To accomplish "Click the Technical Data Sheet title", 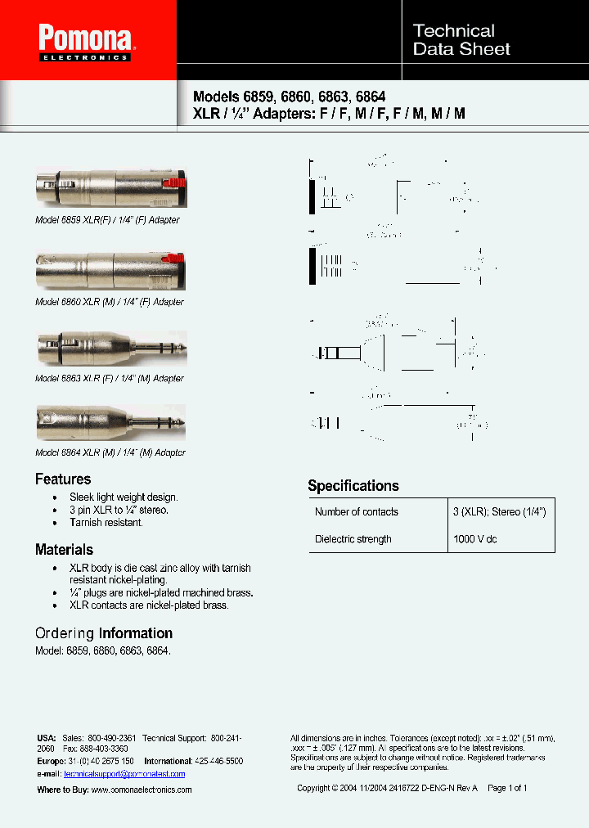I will click(461, 40).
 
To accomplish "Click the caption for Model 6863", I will click(110, 379).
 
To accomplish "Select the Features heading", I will click(63, 479).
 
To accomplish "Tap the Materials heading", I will click(64, 550).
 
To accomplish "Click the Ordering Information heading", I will click(104, 633).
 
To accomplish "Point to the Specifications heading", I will click(353, 486).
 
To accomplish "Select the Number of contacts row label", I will click(357, 512).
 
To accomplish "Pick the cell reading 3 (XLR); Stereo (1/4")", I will click(499, 512).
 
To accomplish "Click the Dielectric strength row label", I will click(353, 539).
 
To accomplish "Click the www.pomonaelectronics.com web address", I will click(141, 790).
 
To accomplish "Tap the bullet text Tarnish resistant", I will click(106, 523).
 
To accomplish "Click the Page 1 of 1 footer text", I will click(507, 789).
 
